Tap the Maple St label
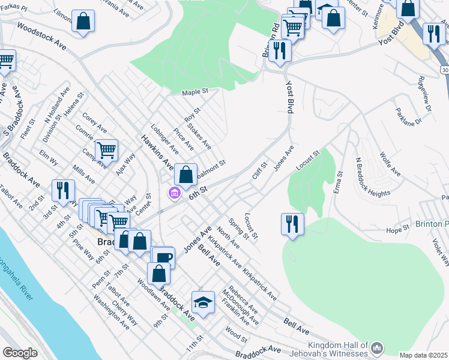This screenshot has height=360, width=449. (x=195, y=92)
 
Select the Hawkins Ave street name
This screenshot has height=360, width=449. (x=157, y=152)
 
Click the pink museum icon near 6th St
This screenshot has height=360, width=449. (x=174, y=193)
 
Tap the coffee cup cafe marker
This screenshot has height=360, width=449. (x=163, y=256)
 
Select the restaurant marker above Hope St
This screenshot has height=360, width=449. (x=292, y=224)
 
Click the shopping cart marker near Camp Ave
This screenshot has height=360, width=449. (x=106, y=149)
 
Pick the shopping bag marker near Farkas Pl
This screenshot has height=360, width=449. (x=83, y=20)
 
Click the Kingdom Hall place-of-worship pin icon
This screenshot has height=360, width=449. (x=377, y=347)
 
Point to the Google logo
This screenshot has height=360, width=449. (x=20, y=353)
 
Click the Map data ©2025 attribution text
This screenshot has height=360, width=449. (x=423, y=355)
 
